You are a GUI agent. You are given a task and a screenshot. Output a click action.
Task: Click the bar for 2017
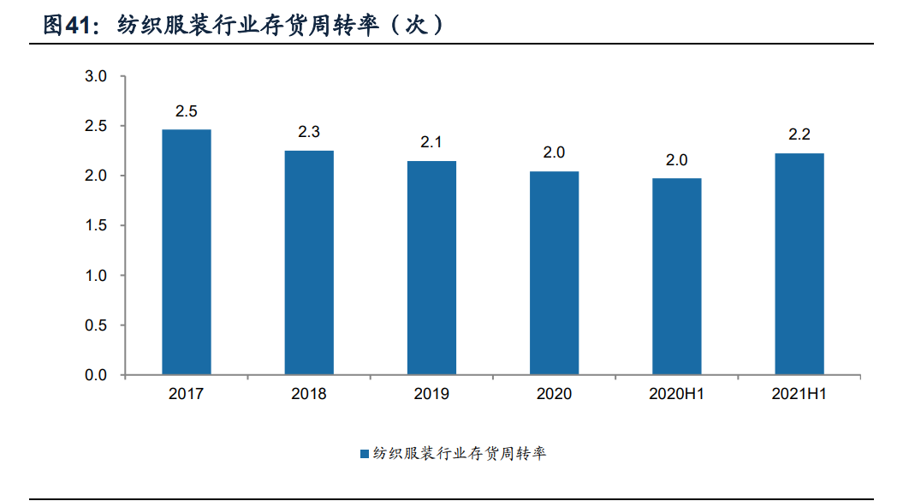pos(187,253)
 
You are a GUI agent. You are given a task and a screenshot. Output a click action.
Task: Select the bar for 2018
pos(309,263)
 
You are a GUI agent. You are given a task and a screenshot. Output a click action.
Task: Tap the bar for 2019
pos(431,268)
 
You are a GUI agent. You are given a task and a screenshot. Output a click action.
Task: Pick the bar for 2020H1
pos(676,277)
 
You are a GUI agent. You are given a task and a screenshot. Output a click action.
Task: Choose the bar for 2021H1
pos(799,265)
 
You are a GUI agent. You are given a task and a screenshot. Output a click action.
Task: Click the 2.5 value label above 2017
pos(187,111)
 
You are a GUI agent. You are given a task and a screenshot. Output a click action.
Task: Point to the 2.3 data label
pos(309,132)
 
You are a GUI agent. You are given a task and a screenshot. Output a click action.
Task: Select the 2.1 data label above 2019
pos(431,142)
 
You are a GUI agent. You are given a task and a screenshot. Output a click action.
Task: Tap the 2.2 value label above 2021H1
pos(799,134)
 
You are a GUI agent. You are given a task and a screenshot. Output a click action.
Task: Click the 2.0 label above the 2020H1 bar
pos(676,160)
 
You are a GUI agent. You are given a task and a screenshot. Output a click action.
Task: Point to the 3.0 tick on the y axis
pos(96,77)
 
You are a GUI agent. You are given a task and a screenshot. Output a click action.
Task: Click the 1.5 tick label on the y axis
pos(96,226)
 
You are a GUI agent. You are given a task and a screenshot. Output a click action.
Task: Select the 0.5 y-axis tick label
pos(96,325)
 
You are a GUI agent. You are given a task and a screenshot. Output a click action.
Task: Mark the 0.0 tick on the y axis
pos(96,375)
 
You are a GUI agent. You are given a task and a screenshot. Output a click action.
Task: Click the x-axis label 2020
pos(554,395)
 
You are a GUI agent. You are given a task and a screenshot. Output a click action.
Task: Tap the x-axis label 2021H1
pos(799,395)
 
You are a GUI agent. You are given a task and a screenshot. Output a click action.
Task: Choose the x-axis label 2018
pos(309,395)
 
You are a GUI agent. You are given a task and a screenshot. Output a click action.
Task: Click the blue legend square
pos(364,454)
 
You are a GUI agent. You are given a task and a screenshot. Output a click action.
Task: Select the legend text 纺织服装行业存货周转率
pos(459,454)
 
